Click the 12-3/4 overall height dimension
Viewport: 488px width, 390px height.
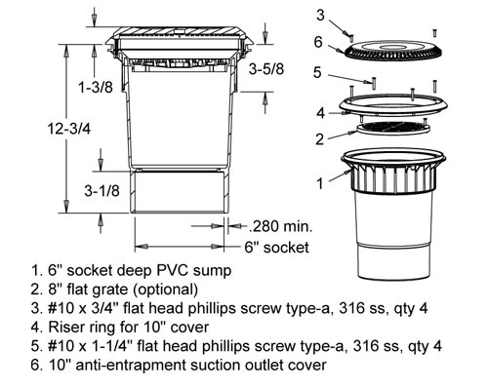click(69, 129)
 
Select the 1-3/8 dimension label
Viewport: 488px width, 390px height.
click(96, 87)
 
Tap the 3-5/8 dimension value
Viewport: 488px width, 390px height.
click(266, 69)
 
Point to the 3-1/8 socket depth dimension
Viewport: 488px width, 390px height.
click(102, 191)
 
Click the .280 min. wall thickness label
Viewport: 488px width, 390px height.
click(280, 226)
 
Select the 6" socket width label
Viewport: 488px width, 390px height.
click(276, 248)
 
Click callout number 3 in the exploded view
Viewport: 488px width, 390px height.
click(320, 15)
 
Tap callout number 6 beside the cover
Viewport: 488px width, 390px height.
click(318, 42)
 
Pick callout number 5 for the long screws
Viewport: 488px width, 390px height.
click(317, 72)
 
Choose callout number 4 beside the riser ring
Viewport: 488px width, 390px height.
click(321, 113)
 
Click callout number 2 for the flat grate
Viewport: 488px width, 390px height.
click(320, 139)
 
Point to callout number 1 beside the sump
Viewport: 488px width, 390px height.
click(320, 183)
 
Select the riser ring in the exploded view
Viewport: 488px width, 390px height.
click(393, 105)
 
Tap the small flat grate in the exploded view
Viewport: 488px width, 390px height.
click(393, 128)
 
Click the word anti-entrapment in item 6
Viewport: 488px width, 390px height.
click(132, 365)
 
